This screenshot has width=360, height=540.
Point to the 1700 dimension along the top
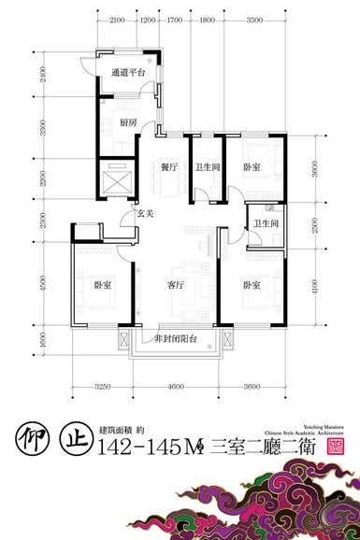175,19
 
